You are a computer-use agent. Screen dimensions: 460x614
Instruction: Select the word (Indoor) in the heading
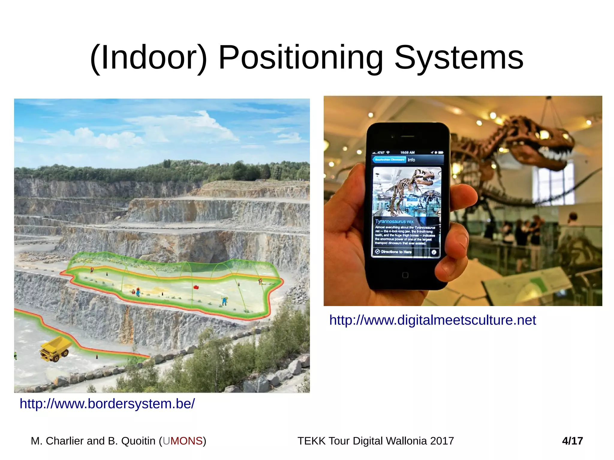coord(149,57)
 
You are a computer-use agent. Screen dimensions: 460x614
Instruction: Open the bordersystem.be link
coord(107,404)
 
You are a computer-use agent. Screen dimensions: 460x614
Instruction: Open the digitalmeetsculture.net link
coord(432,320)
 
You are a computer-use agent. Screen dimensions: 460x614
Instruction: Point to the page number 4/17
coord(572,441)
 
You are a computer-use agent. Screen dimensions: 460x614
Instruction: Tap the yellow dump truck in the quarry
coord(56,349)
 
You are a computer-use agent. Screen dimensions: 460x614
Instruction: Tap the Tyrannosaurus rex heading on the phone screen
coord(394,222)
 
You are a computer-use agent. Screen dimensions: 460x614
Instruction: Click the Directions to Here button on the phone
coord(396,252)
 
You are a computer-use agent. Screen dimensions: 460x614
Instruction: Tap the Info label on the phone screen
coord(411,160)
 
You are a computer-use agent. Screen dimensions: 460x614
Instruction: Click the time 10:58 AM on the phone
coord(407,152)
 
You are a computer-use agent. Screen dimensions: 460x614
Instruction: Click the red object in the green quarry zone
coord(196,287)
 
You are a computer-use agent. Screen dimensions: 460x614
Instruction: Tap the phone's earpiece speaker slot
coord(407,136)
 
